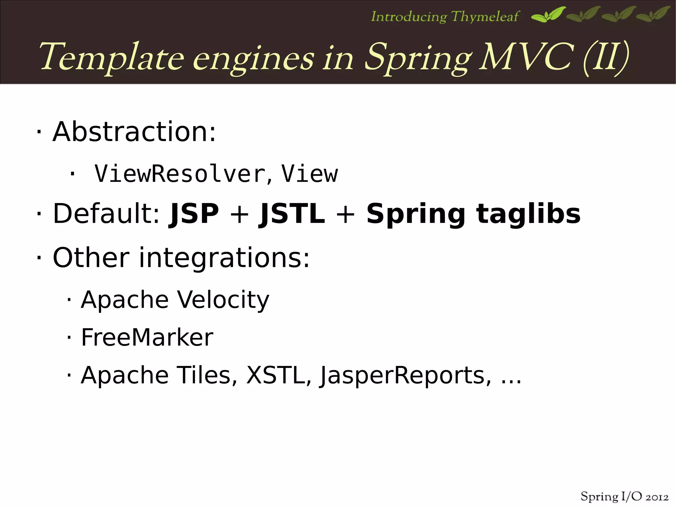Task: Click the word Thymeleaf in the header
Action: pyautogui.click(x=485, y=17)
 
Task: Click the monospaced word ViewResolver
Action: pyautogui.click(x=180, y=174)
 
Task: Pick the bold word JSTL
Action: pyautogui.click(x=292, y=214)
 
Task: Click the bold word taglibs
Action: pyautogui.click(x=528, y=214)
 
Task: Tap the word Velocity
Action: pyautogui.click(x=223, y=300)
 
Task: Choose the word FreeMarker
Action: pyautogui.click(x=147, y=338)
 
